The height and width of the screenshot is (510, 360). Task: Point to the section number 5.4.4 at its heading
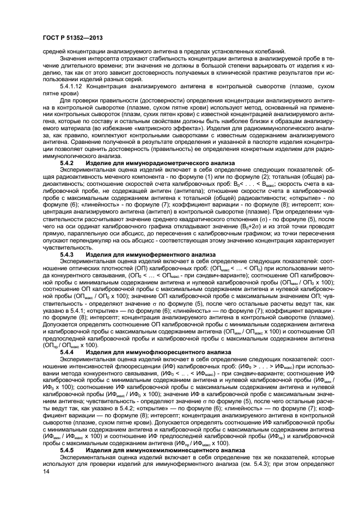(x=68, y=352)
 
